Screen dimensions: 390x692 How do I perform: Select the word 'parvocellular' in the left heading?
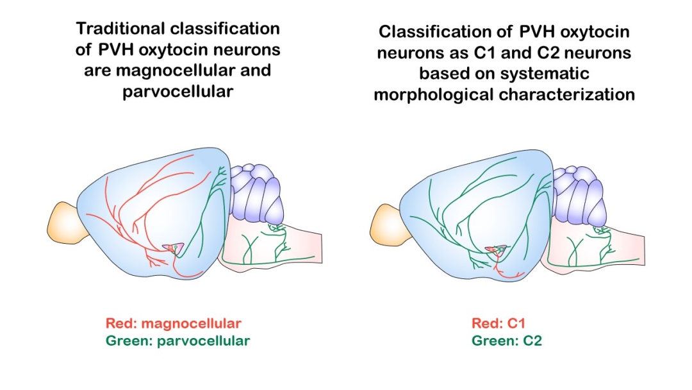click(x=177, y=91)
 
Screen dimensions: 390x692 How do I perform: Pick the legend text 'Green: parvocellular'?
click(x=177, y=341)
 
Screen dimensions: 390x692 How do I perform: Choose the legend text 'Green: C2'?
click(x=507, y=341)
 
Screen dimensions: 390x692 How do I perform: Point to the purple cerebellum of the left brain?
click(x=256, y=192)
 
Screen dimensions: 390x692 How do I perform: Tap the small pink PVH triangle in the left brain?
click(x=173, y=248)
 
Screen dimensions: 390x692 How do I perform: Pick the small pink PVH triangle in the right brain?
click(x=495, y=249)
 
